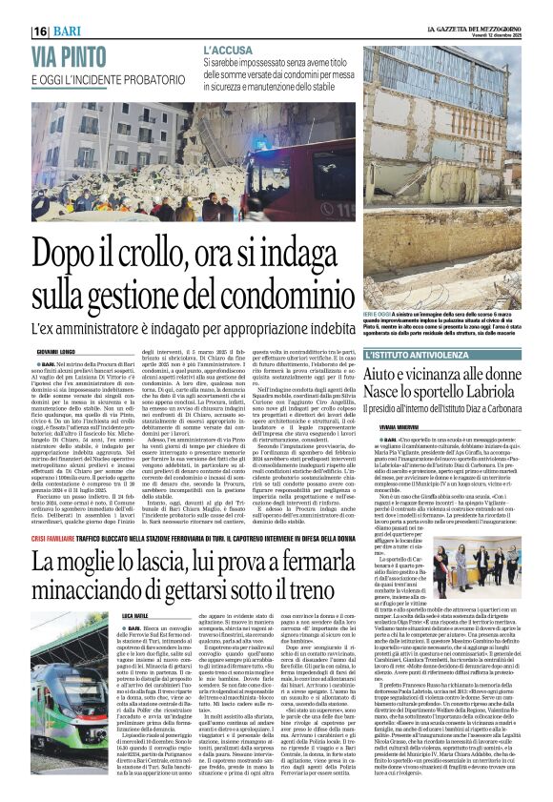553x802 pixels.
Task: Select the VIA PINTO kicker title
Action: pyautogui.click(x=66, y=54)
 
